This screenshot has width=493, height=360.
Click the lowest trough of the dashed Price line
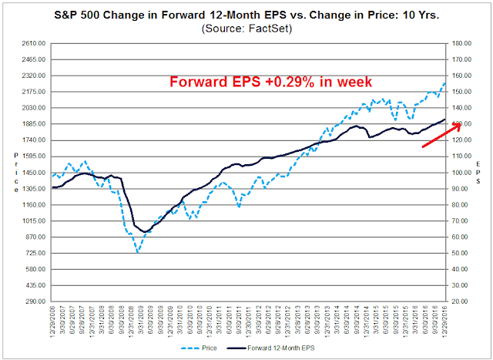138,251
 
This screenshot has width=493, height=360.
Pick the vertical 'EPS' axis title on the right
479,173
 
